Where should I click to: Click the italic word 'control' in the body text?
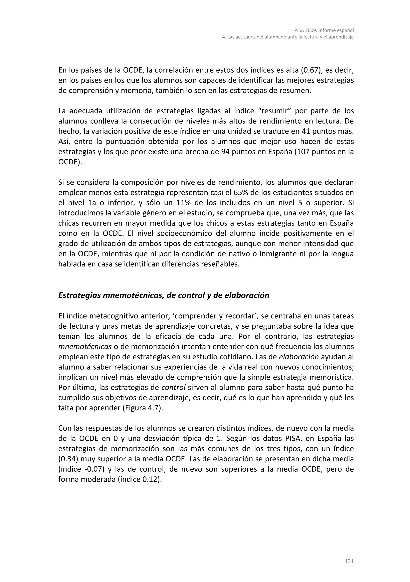click(174, 388)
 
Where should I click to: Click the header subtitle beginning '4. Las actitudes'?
click(288, 37)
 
